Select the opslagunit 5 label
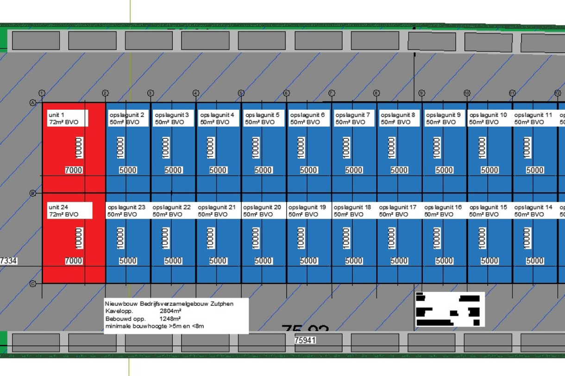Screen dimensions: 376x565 pyautogui.click(x=262, y=118)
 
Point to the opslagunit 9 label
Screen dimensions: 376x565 pyautogui.click(x=443, y=118)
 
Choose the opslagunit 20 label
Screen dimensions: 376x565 pyautogui.click(x=262, y=210)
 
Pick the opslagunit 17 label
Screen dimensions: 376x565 pyautogui.click(x=398, y=210)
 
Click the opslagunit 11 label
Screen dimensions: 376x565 pyautogui.click(x=534, y=118)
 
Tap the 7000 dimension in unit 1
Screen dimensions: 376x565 pyautogui.click(x=74, y=170)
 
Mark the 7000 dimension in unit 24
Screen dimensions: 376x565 pyautogui.click(x=74, y=261)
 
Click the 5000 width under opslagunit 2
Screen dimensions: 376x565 pyautogui.click(x=128, y=170)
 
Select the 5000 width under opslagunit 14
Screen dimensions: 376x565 pyautogui.click(x=535, y=261)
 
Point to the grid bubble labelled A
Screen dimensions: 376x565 pyautogui.click(x=33, y=103)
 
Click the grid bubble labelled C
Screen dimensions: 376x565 pyautogui.click(x=33, y=284)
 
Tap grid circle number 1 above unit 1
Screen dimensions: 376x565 pyautogui.click(x=42, y=93)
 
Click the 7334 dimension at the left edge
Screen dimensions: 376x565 pyautogui.click(x=8, y=261)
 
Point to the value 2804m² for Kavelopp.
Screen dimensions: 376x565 pyautogui.click(x=170, y=311)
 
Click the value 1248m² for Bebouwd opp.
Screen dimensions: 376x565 pyautogui.click(x=170, y=319)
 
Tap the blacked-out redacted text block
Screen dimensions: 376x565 pyautogui.click(x=449, y=309)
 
